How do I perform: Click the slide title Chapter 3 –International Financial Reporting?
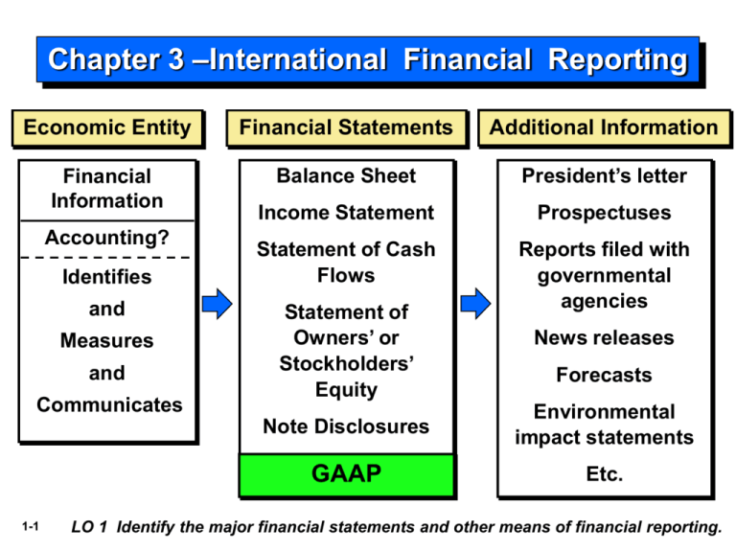[368, 61]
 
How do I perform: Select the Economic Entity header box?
[106, 128]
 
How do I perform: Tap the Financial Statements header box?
[346, 128]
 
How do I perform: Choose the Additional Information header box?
[604, 128]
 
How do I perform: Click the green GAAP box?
[346, 474]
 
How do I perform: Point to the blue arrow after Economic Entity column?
[218, 305]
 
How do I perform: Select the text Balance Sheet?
[346, 176]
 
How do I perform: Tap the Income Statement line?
[346, 213]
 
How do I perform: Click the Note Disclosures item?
[346, 426]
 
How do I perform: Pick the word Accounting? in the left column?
[106, 237]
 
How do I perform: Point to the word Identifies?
[106, 277]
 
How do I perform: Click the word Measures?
[106, 341]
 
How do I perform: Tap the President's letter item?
[604, 176]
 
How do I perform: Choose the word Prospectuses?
[604, 213]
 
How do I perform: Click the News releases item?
[604, 337]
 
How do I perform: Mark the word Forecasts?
[604, 375]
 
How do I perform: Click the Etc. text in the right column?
[604, 474]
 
